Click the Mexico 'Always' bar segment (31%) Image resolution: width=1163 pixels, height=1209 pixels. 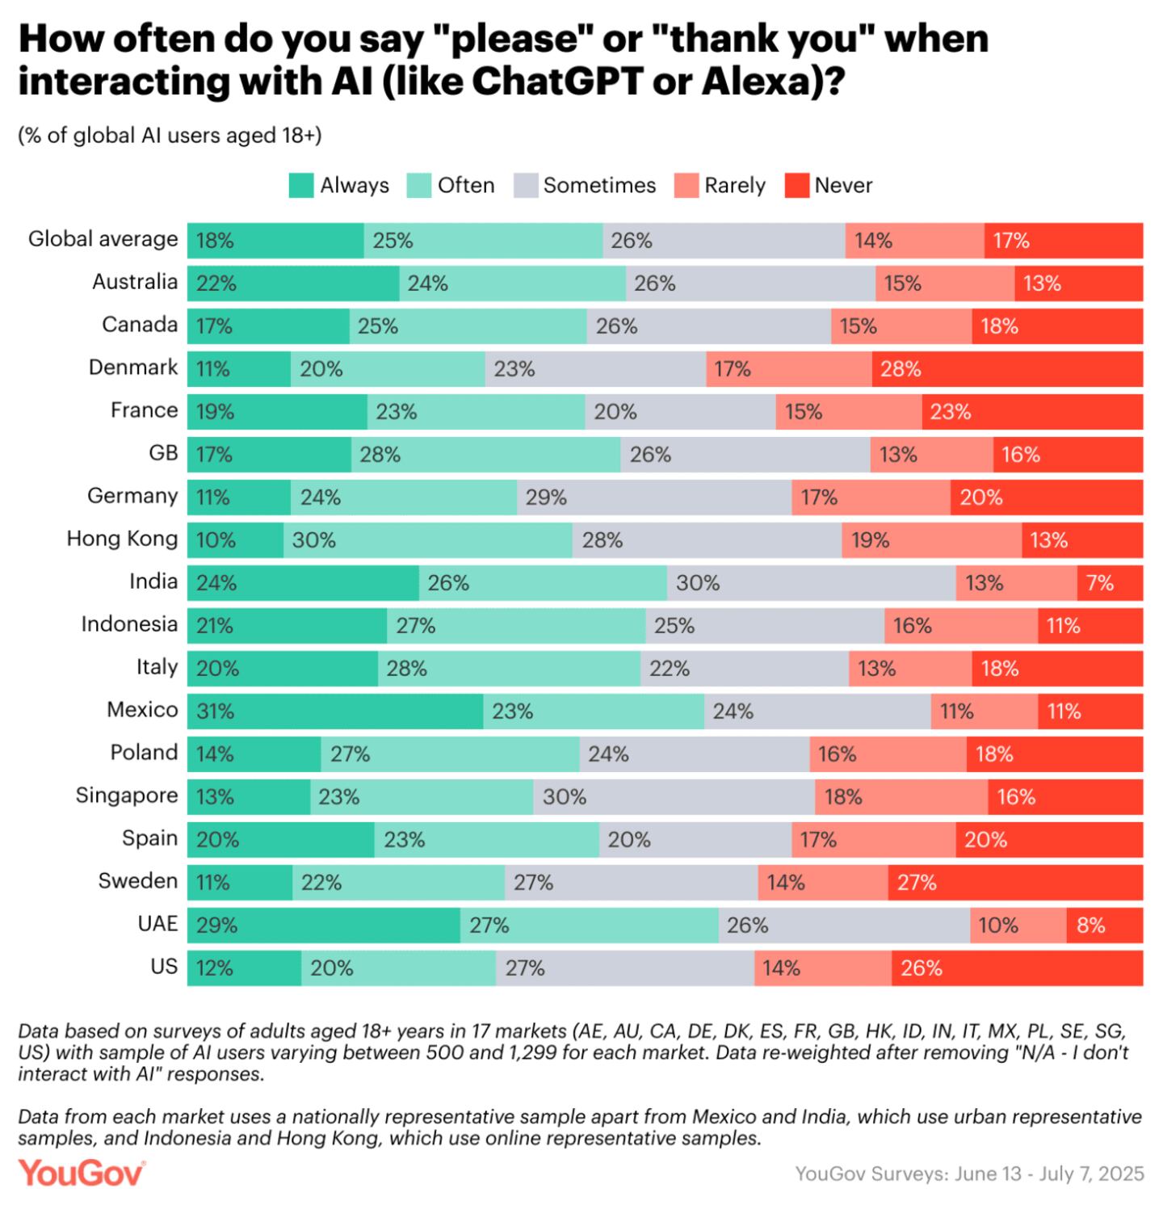point(335,712)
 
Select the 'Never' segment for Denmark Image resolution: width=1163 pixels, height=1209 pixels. point(1007,369)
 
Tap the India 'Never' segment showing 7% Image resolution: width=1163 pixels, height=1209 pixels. point(1110,583)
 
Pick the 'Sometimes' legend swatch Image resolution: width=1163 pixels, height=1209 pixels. point(526,186)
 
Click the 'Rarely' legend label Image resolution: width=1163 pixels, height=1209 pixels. point(734,186)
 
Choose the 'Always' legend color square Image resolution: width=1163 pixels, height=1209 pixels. point(301,186)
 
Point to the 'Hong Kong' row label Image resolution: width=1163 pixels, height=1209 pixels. point(122,539)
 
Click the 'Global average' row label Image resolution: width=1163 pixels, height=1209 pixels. point(103,239)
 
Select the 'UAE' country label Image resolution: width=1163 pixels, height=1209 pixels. point(157,923)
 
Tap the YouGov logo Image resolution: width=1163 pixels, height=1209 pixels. point(82,1173)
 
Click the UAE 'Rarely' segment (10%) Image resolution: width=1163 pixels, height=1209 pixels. point(1018,926)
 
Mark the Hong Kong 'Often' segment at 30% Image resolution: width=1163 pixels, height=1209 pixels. point(427,540)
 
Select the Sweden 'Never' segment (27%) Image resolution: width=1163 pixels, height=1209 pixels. point(1015,883)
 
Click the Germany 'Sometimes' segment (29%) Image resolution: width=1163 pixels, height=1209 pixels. point(654,497)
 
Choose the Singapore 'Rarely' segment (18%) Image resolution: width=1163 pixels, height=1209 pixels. point(901,797)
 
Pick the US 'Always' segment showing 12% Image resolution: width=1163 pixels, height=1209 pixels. point(244,968)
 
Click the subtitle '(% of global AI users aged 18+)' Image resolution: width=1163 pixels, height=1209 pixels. point(170,136)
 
